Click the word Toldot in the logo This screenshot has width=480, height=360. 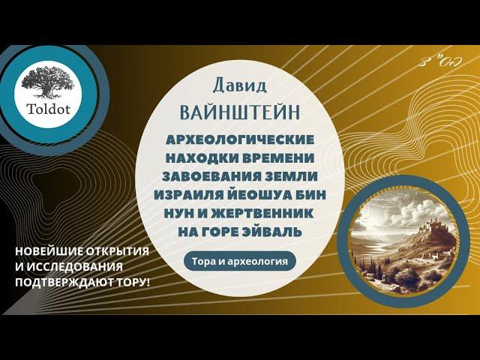pyautogui.click(x=49, y=109)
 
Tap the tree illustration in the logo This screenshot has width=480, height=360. pyautogui.click(x=48, y=82)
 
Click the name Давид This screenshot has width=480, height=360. pyautogui.click(x=240, y=85)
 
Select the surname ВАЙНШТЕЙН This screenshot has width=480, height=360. pyautogui.click(x=240, y=112)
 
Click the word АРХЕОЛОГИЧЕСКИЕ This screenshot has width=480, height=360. pyautogui.click(x=240, y=139)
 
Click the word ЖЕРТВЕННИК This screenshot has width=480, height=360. pyautogui.click(x=260, y=213)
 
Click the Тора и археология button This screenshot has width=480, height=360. pyautogui.click(x=240, y=262)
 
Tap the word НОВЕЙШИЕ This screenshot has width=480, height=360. pyautogui.click(x=49, y=252)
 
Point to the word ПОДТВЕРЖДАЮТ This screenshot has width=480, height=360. pyautogui.click(x=62, y=282)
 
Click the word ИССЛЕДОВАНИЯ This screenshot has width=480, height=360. pyautogui.click(x=74, y=267)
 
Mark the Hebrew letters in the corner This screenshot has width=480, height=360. pyautogui.click(x=440, y=61)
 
